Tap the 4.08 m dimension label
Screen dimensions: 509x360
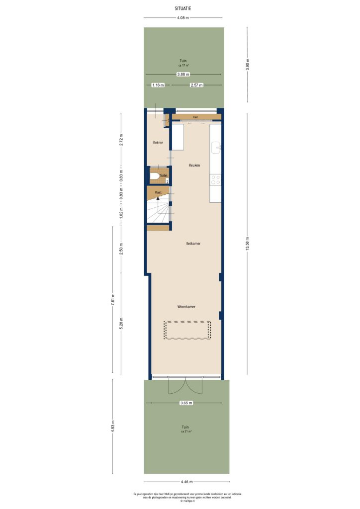pos(183,18)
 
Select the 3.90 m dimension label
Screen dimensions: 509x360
pos(247,65)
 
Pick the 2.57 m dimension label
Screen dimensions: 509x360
pos(197,85)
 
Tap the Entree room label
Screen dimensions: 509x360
pos(158,143)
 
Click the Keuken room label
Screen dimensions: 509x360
pos(194,165)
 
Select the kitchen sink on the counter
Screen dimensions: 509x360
pos(216,148)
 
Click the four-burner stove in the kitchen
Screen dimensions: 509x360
pos(216,179)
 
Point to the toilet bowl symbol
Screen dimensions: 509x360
pos(155,176)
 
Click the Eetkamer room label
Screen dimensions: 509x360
pos(193,244)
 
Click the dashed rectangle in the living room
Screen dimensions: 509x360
pos(187,330)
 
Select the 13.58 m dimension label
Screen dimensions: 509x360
pos(247,244)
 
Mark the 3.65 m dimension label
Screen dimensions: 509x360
pos(186,403)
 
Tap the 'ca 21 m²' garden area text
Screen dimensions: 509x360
pos(186,431)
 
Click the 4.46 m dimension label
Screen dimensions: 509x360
pos(186,482)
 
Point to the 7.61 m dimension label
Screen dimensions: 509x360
pos(113,300)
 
